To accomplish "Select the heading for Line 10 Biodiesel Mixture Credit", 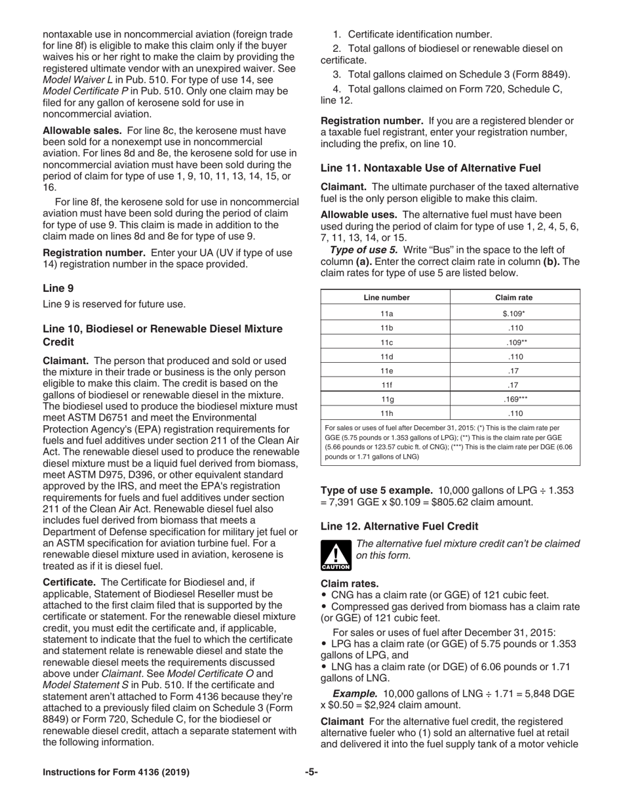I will [162, 334].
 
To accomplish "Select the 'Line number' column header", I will [386, 297].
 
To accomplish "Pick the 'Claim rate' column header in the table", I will [513, 297].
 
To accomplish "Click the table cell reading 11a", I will [386, 313].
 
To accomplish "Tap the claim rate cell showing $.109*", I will [513, 313].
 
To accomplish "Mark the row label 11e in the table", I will [386, 371].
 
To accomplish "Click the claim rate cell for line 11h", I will [515, 413].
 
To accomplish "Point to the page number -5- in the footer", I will [311, 772].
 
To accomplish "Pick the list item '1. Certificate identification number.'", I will [412, 33].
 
